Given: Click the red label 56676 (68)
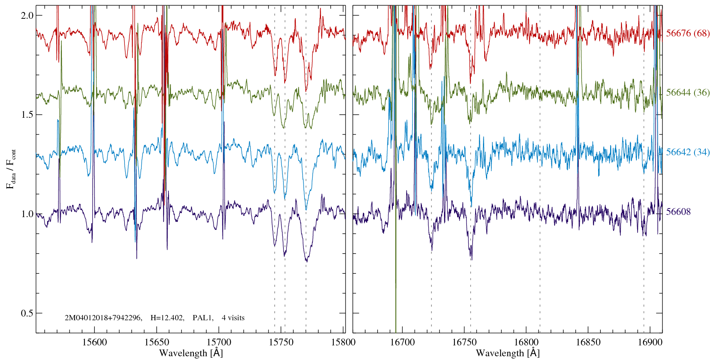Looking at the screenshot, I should point(688,33).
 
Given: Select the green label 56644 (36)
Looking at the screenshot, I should point(688,93).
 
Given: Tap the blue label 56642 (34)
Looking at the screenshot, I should point(688,152).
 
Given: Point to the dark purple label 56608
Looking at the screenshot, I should point(678,212).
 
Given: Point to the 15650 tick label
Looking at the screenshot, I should point(157,342).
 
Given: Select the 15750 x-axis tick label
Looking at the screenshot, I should point(281,342).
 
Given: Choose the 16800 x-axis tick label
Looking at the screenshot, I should point(526,342).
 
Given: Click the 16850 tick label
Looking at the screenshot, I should point(588,342).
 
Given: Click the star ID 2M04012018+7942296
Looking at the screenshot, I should point(103,318).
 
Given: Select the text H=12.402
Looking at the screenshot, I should point(167,318).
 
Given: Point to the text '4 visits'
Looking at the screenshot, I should point(233,318).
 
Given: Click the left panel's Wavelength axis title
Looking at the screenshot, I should point(191,353).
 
